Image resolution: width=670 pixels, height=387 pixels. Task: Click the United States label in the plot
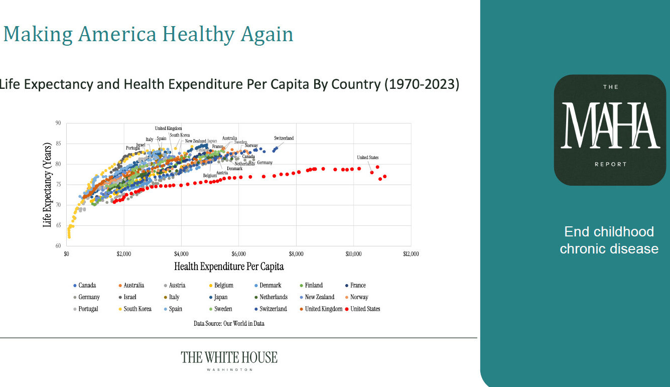(x=367, y=158)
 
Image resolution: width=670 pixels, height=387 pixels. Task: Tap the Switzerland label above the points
(x=284, y=138)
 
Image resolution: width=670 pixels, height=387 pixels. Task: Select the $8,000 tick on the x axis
(x=296, y=254)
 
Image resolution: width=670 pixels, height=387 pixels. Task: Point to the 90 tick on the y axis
(x=58, y=123)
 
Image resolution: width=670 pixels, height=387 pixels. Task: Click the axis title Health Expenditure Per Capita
(x=229, y=266)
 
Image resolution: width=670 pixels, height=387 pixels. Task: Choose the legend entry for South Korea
(x=137, y=309)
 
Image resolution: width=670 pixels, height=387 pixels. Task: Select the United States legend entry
(x=365, y=309)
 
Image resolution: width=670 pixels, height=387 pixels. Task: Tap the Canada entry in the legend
(x=87, y=286)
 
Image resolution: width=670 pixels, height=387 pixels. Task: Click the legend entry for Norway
(x=359, y=297)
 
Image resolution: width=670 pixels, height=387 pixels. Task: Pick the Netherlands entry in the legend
(x=273, y=297)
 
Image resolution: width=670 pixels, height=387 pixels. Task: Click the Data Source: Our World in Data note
(x=229, y=324)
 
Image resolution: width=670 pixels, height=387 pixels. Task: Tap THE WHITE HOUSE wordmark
(x=229, y=357)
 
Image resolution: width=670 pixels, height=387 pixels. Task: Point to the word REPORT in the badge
(x=610, y=164)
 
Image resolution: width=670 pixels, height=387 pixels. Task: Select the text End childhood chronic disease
(x=609, y=240)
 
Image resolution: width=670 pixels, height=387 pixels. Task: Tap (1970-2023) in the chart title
(x=422, y=84)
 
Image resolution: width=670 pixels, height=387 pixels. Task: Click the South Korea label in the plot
(x=180, y=135)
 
